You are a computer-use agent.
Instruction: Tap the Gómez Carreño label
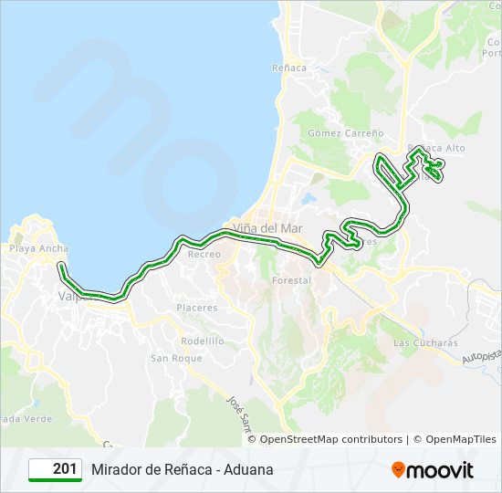click(x=332, y=132)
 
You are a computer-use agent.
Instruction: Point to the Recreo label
click(x=204, y=254)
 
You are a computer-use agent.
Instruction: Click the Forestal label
click(x=291, y=280)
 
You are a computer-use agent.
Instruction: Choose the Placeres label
click(x=197, y=308)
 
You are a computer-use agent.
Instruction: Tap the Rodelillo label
click(x=202, y=341)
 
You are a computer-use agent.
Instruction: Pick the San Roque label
click(x=176, y=359)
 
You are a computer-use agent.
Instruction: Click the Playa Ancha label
click(x=38, y=248)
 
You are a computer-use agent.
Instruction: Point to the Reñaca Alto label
click(x=441, y=148)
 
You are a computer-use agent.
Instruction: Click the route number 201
click(x=64, y=469)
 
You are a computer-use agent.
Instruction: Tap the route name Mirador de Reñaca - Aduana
click(x=182, y=469)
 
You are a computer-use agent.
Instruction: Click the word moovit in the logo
click(x=442, y=470)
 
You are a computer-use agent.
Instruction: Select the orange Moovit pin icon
click(x=398, y=469)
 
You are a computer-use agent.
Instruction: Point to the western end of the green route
click(x=60, y=266)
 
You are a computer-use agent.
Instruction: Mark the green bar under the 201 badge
click(x=55, y=481)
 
